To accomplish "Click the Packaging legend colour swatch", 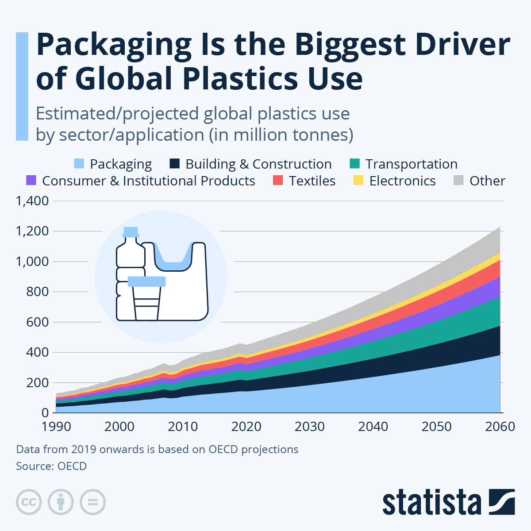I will coord(79,164).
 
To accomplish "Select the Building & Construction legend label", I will coord(258,164).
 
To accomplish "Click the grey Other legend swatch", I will coord(459,181).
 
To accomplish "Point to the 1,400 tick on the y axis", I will coord(32,201).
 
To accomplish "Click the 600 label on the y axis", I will coord(38,322).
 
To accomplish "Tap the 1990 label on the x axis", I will coord(57,427).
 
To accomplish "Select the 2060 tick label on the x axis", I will coord(500,427).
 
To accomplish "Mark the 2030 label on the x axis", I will coord(310,427).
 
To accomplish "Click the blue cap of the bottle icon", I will coord(131,232).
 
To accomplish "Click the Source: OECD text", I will coord(51,466).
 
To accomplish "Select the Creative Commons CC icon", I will coord(29,502).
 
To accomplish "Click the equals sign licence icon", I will coord(92,502).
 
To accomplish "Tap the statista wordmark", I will coord(432,502).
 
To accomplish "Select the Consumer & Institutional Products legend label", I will coord(148,181).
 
